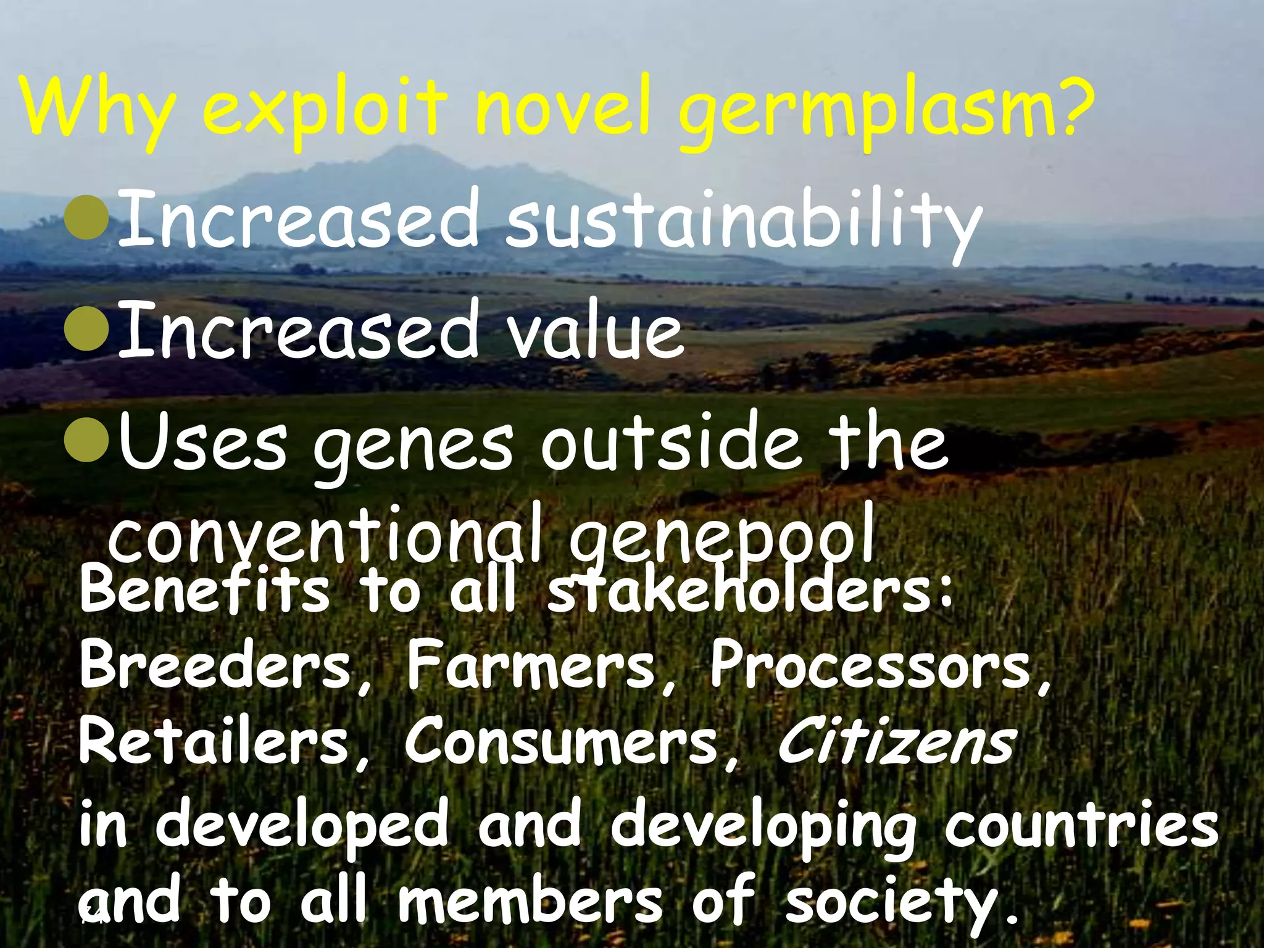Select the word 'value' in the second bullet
pyautogui.click(x=593, y=333)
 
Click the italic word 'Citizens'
pyautogui.click(x=895, y=744)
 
